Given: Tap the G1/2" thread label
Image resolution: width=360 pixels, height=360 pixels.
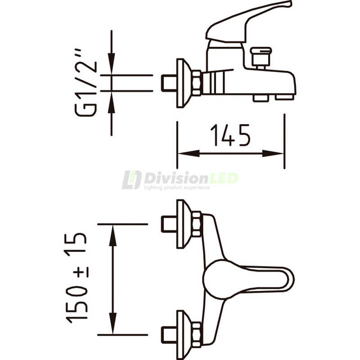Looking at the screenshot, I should coord(86,84).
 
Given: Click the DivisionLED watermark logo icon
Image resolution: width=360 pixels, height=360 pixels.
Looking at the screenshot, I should coord(131,180).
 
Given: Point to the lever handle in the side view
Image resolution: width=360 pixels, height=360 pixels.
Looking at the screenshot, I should coord(247,20).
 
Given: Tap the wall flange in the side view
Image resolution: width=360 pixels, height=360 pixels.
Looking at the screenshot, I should coord(183,83).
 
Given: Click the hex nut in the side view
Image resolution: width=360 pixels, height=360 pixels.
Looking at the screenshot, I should coord(197,83).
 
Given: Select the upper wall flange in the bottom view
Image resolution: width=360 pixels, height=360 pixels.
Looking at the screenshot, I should coord(183,224).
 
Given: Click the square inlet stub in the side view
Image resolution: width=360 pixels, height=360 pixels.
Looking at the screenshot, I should coord(169,83).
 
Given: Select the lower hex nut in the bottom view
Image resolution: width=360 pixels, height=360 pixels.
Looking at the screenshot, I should coord(197,334).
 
